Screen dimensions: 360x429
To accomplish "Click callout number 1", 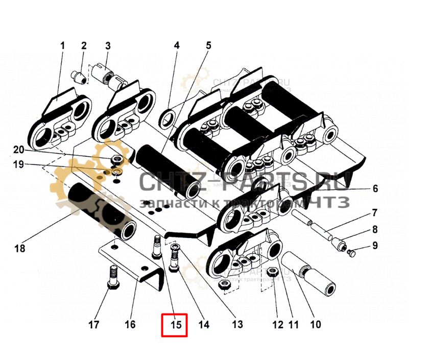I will coord(63,45).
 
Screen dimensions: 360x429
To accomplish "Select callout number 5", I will coord(208,45).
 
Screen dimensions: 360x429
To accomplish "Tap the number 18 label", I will coord(19,249).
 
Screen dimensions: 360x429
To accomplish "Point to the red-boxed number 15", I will coord(175,325).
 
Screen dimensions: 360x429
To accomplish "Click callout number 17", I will coord(95,324).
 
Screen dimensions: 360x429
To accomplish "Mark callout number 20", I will coord(19,150).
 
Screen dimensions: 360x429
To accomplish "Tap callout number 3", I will coord(108,45).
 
